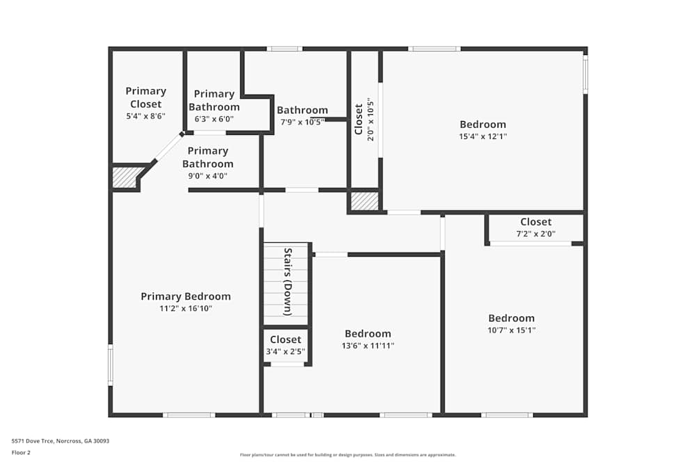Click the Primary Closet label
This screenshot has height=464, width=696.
click(x=145, y=97)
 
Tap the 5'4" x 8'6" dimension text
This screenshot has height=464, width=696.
click(x=145, y=116)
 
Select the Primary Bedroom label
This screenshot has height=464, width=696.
click(x=186, y=296)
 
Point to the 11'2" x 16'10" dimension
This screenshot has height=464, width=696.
click(x=186, y=308)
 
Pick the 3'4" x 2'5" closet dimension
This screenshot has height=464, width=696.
click(x=285, y=351)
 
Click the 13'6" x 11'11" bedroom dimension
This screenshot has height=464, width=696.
click(x=367, y=345)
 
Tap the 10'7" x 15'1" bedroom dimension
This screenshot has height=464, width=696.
click(x=512, y=330)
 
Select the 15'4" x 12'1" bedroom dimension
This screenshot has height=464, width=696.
click(x=482, y=136)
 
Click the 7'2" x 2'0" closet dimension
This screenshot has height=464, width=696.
click(x=535, y=234)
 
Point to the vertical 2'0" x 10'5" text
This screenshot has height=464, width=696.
click(x=371, y=119)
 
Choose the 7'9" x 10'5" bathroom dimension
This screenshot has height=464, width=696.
click(x=302, y=122)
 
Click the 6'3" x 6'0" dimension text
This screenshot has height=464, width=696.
click(x=214, y=119)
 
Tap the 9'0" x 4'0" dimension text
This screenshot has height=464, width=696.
click(x=208, y=176)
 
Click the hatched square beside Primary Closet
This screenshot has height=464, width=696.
click(x=125, y=178)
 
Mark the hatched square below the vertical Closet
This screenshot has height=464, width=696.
click(x=363, y=201)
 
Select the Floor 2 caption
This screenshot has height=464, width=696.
click(x=21, y=452)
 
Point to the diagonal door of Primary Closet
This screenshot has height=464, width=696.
click(x=168, y=147)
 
